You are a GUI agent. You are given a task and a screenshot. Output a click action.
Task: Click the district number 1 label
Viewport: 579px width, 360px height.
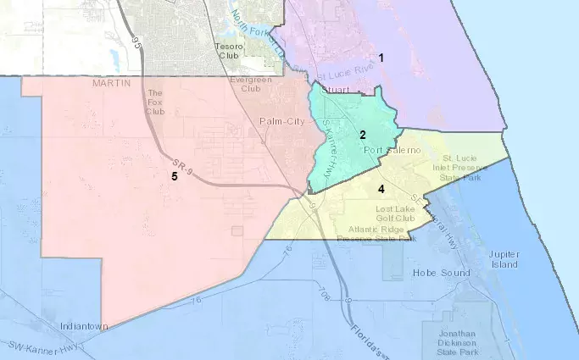[x=381, y=58]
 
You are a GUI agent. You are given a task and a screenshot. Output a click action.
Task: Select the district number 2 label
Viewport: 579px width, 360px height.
[x=362, y=135]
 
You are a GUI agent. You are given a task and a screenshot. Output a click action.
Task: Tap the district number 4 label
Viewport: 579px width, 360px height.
[x=381, y=188]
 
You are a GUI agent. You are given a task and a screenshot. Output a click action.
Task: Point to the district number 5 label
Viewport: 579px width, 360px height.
[x=174, y=176]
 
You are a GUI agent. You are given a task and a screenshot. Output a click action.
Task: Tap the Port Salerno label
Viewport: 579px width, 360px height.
[x=392, y=151]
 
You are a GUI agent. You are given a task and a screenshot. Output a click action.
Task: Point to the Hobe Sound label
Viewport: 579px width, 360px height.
[x=412, y=273]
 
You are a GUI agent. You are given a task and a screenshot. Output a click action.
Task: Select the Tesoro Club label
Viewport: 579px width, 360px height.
[x=229, y=50]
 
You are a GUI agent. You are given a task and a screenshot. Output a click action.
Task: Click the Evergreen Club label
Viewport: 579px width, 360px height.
[x=246, y=83]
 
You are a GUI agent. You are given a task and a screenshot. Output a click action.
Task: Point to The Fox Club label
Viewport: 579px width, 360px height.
[x=154, y=102]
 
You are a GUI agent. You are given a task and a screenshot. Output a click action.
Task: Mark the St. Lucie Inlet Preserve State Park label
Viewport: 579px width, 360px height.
[x=465, y=168]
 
